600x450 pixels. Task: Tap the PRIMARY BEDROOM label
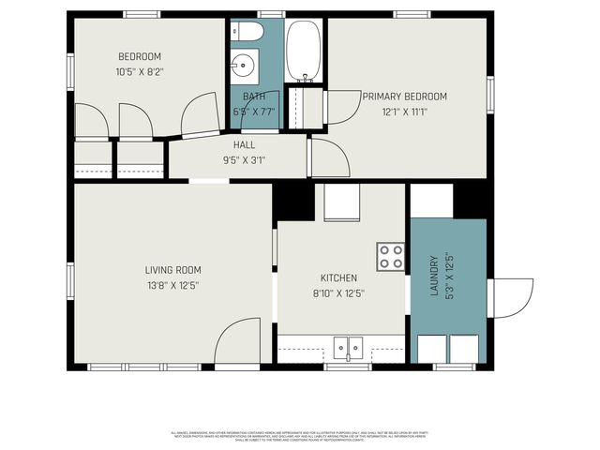(x=405, y=96)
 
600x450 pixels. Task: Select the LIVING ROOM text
(x=172, y=270)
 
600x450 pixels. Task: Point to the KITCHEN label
(x=338, y=278)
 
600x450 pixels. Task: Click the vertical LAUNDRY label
(x=434, y=277)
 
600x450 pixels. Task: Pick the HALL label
(x=244, y=145)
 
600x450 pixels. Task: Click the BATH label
(x=253, y=97)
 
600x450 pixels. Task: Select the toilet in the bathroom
(x=248, y=32)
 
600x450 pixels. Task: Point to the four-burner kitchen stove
(x=391, y=256)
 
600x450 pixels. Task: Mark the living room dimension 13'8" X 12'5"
(x=172, y=285)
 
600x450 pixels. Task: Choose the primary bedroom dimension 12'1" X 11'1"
(x=405, y=112)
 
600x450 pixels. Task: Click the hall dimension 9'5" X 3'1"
(x=244, y=160)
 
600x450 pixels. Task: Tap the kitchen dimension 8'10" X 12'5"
(x=338, y=293)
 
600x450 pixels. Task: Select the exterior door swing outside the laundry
(x=511, y=296)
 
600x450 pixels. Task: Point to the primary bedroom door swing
(x=342, y=106)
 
